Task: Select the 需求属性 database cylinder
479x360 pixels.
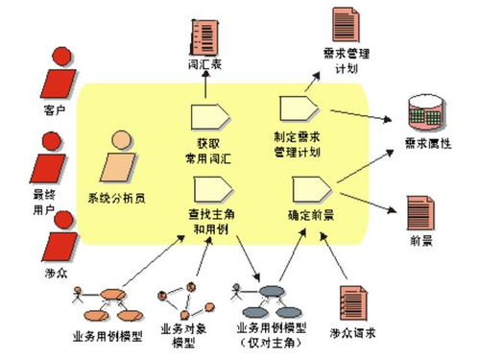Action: click(x=428, y=113)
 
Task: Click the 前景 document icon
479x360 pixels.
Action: click(x=419, y=211)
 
